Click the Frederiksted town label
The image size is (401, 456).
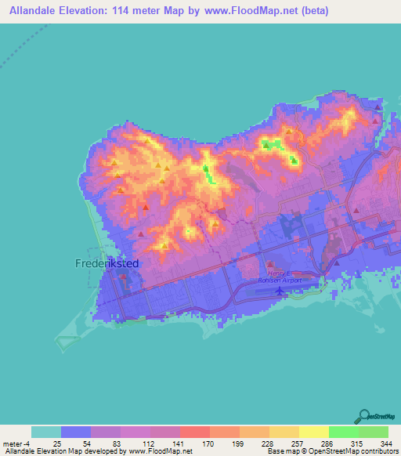(107, 264)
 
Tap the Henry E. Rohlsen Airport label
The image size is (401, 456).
(280, 275)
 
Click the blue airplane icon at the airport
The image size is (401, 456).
(280, 291)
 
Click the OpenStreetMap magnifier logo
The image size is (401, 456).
(364, 416)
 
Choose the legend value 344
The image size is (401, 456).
(387, 443)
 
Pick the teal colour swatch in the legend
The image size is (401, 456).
(45, 432)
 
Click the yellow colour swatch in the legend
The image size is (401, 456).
(313, 432)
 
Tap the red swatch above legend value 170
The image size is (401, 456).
(194, 432)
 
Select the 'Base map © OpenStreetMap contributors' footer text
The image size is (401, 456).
(331, 451)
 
